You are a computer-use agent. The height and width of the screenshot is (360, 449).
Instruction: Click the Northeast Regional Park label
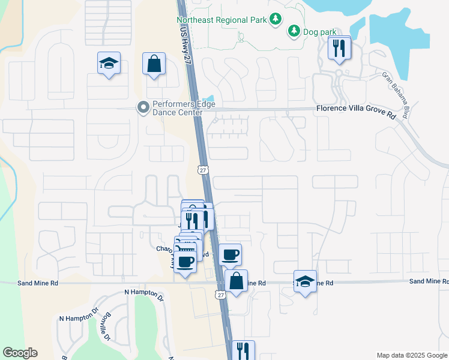pos(221,20)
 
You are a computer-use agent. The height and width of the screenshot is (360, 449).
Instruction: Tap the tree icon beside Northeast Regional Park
pos(276,20)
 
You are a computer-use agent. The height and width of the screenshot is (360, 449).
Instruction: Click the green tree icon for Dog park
pos(294,30)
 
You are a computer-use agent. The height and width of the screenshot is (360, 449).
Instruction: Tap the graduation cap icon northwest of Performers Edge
pos(109,63)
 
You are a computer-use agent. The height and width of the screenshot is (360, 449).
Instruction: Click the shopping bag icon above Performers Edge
pos(154,64)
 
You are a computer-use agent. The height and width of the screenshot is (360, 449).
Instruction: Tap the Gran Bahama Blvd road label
pos(399,95)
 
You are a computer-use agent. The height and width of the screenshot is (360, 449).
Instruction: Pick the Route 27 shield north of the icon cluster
pos(203,170)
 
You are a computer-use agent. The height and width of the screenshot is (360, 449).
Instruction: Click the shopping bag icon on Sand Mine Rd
pos(237,281)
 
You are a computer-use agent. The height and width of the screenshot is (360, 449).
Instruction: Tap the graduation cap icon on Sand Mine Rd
pos(305,281)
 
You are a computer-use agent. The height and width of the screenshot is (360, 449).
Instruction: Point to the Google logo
pos(20,353)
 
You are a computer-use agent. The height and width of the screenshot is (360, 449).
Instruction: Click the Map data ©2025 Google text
pos(411,355)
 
